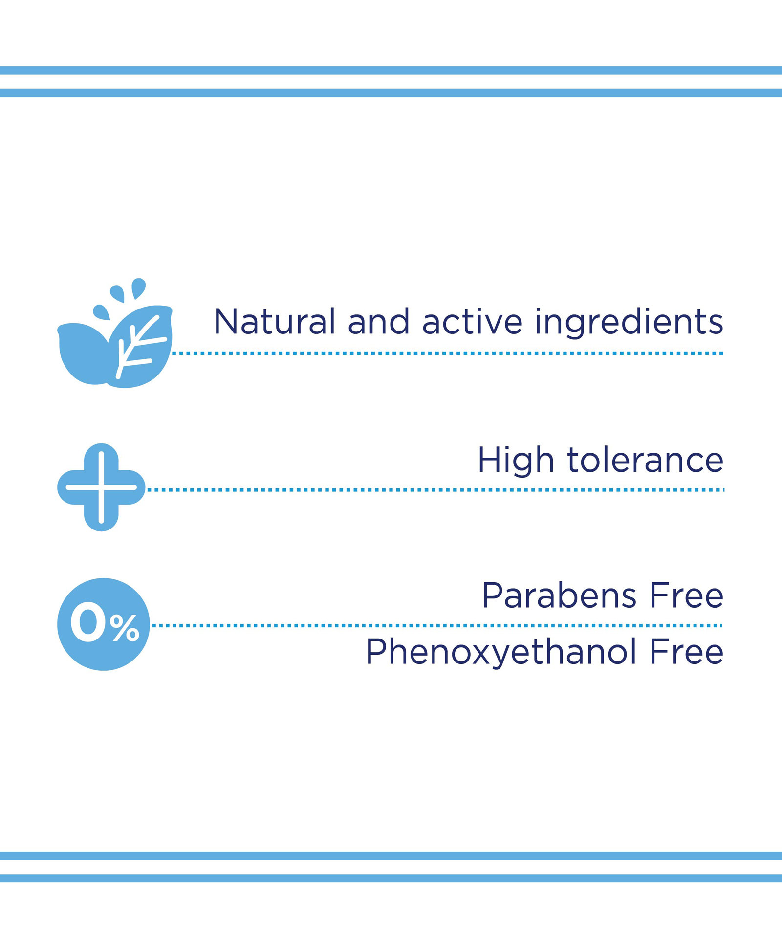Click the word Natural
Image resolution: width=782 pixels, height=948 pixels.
[275, 321]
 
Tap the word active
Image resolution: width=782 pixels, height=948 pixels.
[473, 321]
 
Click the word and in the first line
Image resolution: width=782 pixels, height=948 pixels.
[379, 321]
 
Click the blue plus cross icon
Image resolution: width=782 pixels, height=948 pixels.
[101, 487]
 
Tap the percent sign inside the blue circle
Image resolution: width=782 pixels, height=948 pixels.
[125, 628]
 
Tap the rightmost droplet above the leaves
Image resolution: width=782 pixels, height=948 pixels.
[138, 287]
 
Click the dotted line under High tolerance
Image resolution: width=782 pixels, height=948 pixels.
[435, 489]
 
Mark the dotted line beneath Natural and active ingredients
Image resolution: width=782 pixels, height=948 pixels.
[448, 353]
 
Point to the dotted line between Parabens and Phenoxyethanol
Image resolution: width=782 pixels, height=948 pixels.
[437, 625]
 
